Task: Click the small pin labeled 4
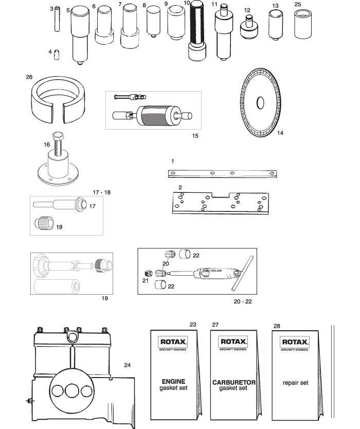pyautogui.click(x=58, y=54)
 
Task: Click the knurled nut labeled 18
pyautogui.click(x=44, y=223)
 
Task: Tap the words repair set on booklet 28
pyautogui.click(x=295, y=383)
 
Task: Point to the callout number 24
pyautogui.click(x=128, y=365)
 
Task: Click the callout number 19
pyautogui.click(x=105, y=298)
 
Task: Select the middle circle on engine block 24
pyautogui.click(x=70, y=391)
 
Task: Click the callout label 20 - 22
pyautogui.click(x=241, y=301)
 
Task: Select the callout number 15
pyautogui.click(x=194, y=136)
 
